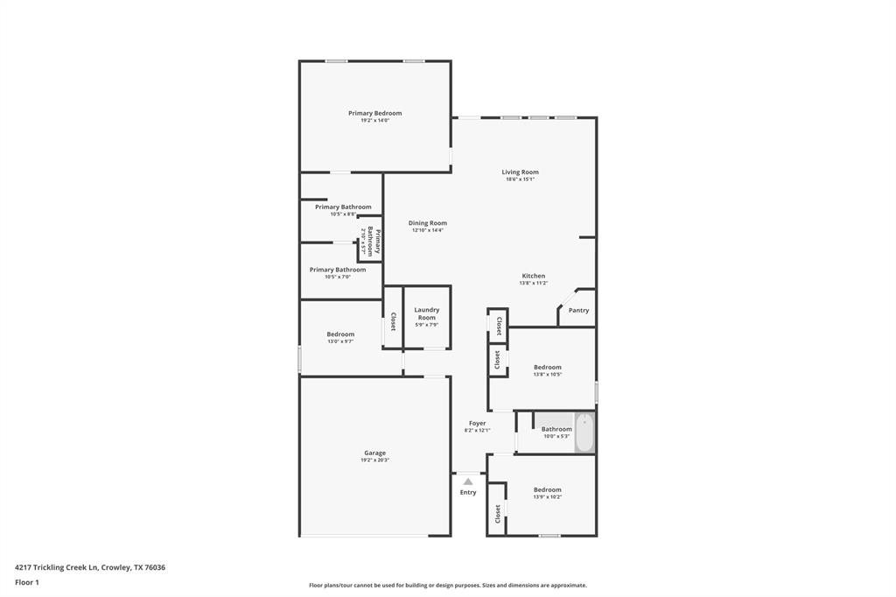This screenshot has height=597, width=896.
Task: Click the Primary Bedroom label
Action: (x=374, y=113)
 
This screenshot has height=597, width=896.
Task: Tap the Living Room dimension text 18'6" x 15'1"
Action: (x=520, y=179)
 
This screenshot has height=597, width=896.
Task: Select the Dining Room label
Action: (x=427, y=223)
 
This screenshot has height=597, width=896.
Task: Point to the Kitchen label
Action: (x=533, y=276)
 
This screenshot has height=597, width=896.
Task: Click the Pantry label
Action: (x=578, y=310)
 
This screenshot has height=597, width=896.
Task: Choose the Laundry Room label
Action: (x=426, y=313)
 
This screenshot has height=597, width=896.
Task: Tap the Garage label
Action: (x=374, y=453)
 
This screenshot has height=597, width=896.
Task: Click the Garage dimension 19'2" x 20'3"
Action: (x=374, y=460)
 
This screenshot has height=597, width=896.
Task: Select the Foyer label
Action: (x=477, y=423)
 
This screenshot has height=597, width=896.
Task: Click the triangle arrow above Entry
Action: (x=468, y=481)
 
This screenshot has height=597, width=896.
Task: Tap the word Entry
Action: (x=468, y=492)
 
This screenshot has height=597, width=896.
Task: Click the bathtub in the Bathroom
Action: (x=584, y=432)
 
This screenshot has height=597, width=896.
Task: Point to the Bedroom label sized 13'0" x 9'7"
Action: (x=340, y=334)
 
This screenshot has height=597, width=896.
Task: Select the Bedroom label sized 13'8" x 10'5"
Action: (x=547, y=367)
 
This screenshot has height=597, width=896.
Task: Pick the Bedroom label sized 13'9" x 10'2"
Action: (x=547, y=489)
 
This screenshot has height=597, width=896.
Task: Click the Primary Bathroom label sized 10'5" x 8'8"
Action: (x=343, y=207)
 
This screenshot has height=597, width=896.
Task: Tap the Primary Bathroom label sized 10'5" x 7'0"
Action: (x=337, y=270)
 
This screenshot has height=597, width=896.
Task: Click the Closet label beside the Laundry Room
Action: (x=393, y=321)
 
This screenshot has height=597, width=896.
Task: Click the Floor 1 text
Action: (x=28, y=582)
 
